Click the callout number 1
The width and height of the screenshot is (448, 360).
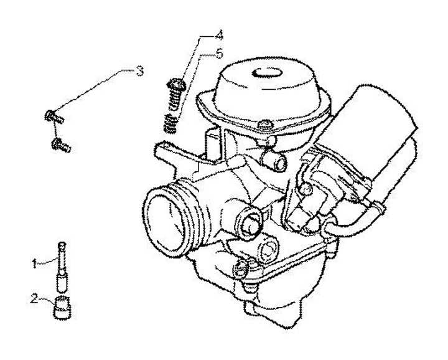tap(35, 263)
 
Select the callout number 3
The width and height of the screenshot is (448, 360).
tap(140, 71)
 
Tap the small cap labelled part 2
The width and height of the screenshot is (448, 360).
tap(62, 308)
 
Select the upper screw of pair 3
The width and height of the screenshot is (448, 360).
tap(52, 115)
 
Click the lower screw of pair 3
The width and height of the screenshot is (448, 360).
tap(61, 145)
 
